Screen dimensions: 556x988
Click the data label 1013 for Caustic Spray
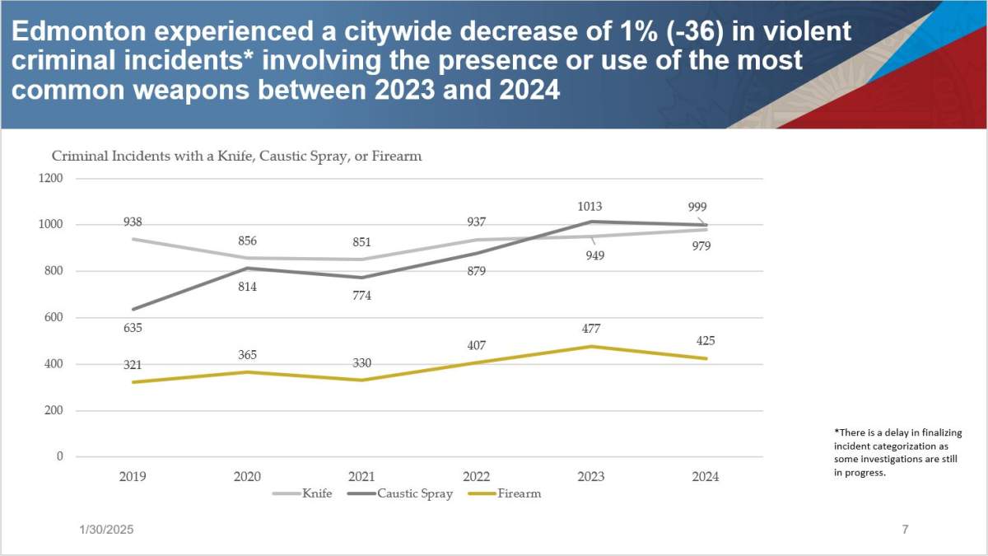(590, 207)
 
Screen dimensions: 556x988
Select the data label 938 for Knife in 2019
(133, 222)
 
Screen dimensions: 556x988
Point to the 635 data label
(133, 328)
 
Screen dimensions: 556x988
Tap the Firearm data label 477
(590, 329)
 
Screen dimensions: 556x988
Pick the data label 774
(361, 296)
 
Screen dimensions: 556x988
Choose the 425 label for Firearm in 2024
(706, 340)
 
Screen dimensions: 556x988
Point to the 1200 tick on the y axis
(51, 179)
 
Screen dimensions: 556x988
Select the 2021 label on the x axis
(361, 476)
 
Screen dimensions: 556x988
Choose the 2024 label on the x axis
(706, 476)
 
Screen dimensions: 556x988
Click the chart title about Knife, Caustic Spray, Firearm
(237, 156)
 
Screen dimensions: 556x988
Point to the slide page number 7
(905, 530)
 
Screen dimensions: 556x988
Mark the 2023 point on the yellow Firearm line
(591, 346)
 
